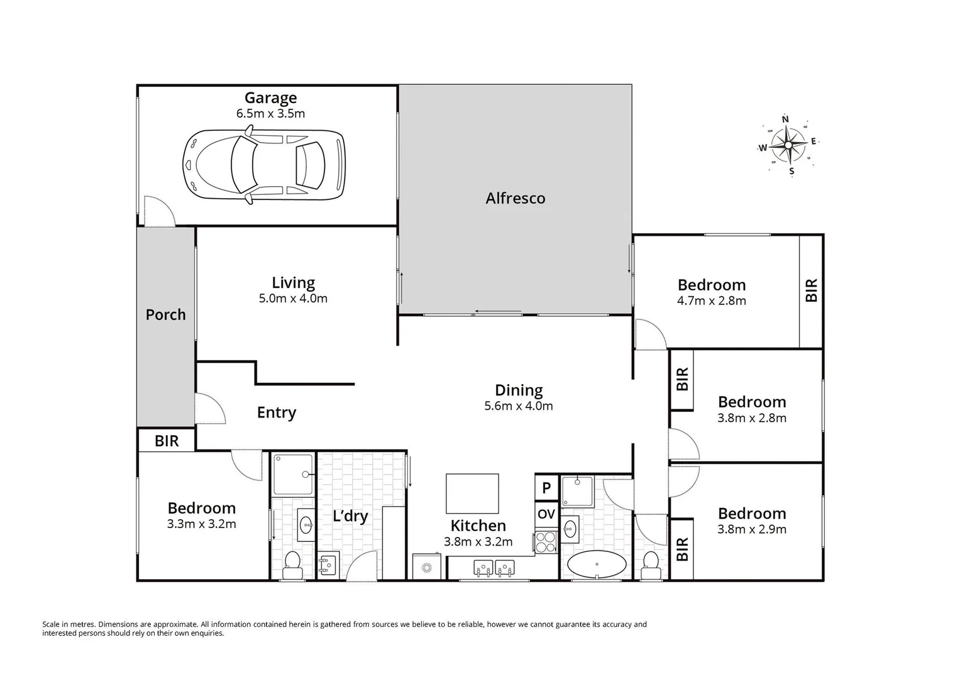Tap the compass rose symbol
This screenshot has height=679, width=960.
(x=788, y=145)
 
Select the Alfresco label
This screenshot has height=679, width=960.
(x=515, y=198)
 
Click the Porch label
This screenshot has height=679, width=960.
(x=165, y=314)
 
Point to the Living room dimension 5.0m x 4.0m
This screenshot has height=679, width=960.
(x=293, y=299)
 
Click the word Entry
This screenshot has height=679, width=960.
(x=276, y=412)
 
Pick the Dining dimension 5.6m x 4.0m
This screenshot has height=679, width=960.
(x=518, y=406)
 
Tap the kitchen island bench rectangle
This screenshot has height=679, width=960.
(x=472, y=494)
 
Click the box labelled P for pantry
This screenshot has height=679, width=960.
(x=546, y=487)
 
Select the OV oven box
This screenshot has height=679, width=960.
(x=546, y=514)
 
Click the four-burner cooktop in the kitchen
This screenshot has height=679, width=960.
(x=545, y=542)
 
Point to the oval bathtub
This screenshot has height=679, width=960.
(x=597, y=565)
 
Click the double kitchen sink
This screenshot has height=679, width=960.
(x=494, y=569)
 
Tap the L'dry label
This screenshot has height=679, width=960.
(x=350, y=516)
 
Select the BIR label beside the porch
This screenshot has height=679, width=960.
(x=167, y=441)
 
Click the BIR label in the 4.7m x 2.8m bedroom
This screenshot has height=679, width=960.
(x=811, y=290)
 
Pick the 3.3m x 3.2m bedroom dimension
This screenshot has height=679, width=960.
(x=201, y=524)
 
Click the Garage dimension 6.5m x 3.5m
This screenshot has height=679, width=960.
(x=270, y=114)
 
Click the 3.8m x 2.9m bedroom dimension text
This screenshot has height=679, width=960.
(x=751, y=529)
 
